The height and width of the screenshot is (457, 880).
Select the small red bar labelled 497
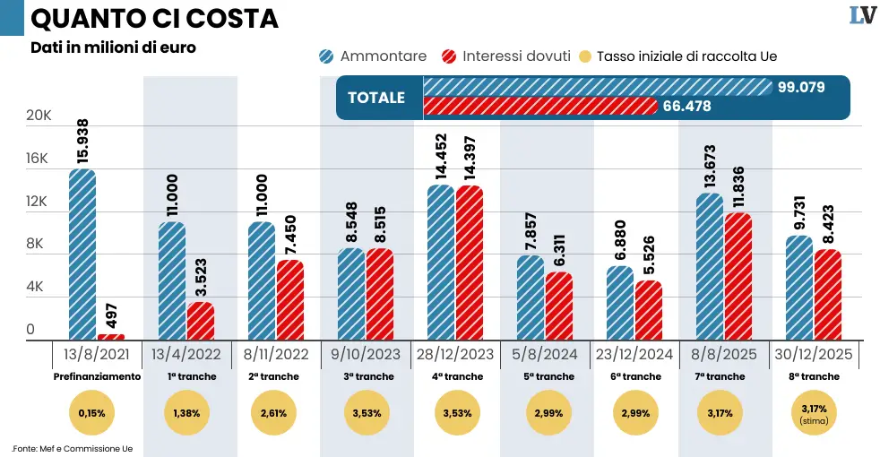pos(111,337)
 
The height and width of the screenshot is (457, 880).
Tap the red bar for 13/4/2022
pos(201,321)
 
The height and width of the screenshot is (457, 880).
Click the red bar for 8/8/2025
pos(738,276)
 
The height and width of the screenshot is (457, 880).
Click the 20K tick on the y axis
pos(38,116)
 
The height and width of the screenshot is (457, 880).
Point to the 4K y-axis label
pos(36,288)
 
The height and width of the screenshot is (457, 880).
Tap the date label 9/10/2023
pos(366,354)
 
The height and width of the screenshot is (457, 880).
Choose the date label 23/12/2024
pos(634,354)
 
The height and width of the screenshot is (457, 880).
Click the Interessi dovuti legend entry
pos(506,56)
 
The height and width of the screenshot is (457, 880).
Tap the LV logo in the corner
pos(861,15)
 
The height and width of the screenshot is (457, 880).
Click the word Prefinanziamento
pos(97,376)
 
